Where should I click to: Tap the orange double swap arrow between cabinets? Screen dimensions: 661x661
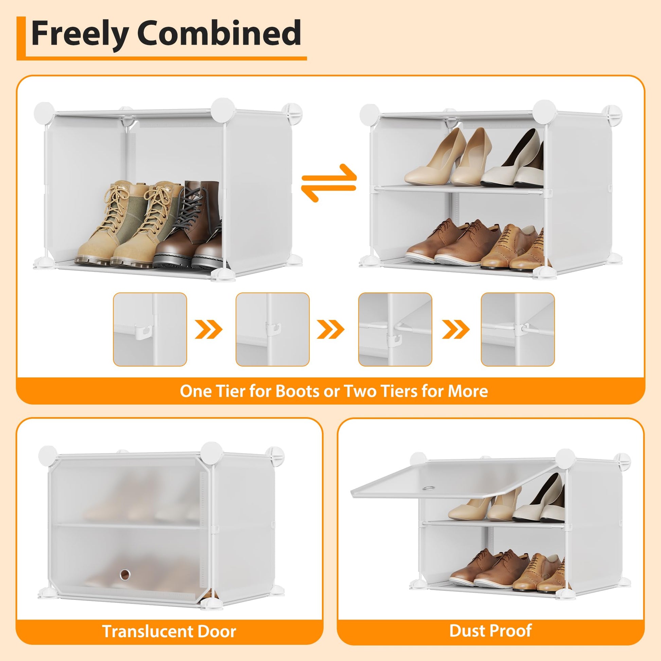point(329,183)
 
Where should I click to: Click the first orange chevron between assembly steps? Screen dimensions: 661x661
point(209,329)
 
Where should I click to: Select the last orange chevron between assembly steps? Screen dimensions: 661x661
point(456,329)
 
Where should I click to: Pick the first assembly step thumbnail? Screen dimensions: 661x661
point(150,329)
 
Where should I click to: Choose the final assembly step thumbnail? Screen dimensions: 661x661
point(518,329)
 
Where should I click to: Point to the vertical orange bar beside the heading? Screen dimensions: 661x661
point(21,38)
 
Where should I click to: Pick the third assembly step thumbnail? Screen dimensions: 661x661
point(395,329)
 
